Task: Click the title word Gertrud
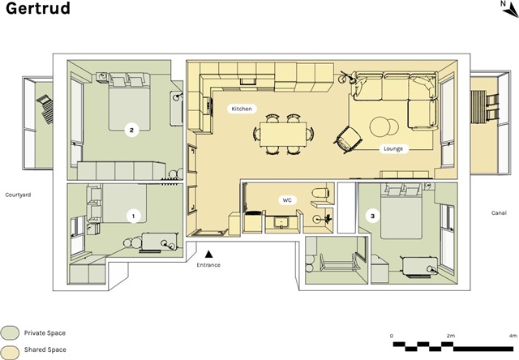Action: pyautogui.click(x=38, y=8)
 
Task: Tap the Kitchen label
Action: pyautogui.click(x=242, y=109)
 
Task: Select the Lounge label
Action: pyautogui.click(x=393, y=149)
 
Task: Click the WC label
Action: pyautogui.click(x=287, y=200)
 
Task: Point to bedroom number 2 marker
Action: pyautogui.click(x=131, y=130)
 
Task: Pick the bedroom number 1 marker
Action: pyautogui.click(x=133, y=216)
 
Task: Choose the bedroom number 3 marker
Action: pyautogui.click(x=373, y=216)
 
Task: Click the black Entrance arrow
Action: pyautogui.click(x=208, y=254)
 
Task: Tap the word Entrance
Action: pyautogui.click(x=208, y=265)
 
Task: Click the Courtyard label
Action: pyautogui.click(x=18, y=195)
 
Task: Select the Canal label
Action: pyautogui.click(x=499, y=212)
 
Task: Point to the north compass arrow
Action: pyautogui.click(x=512, y=11)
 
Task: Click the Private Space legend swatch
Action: pyautogui.click(x=10, y=333)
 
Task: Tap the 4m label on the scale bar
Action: pyautogui.click(x=513, y=336)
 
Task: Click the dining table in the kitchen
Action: pyautogui.click(x=283, y=134)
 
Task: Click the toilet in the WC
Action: pyautogui.click(x=320, y=192)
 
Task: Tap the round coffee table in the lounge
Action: pyautogui.click(x=384, y=126)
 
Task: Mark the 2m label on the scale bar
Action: pyautogui.click(x=451, y=336)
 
